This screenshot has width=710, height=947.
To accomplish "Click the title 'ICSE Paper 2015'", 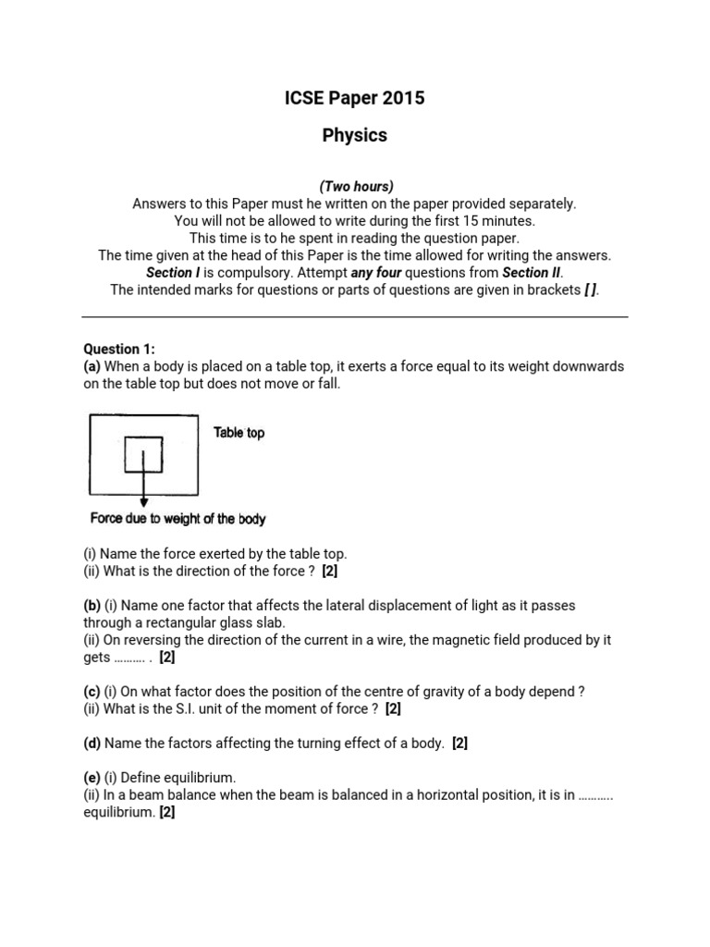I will click(355, 98).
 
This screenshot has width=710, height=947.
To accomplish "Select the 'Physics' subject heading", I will click(355, 135).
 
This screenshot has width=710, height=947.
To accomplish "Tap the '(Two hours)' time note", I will click(355, 187).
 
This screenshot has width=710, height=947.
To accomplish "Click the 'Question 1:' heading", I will click(119, 349).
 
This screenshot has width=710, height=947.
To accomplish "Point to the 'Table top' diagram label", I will click(239, 433).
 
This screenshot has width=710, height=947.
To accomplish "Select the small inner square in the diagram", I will click(143, 454).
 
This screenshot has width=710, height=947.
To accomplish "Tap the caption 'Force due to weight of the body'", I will click(177, 519).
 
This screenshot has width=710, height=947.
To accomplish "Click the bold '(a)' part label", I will click(92, 366).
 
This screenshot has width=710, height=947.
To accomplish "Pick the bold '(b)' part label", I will click(92, 606).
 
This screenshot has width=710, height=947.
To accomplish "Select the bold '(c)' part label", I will click(92, 692).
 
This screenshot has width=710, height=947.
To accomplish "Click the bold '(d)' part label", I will click(92, 744).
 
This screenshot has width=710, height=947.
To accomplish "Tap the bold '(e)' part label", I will click(92, 779).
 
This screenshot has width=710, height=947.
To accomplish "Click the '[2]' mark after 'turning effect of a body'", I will click(459, 744).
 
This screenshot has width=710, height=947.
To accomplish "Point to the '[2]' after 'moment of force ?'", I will click(393, 709).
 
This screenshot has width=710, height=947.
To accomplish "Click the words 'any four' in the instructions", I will click(376, 273).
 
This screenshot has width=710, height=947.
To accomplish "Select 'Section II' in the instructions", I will click(531, 273).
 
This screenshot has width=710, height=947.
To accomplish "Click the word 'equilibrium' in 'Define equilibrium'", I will click(200, 779).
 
